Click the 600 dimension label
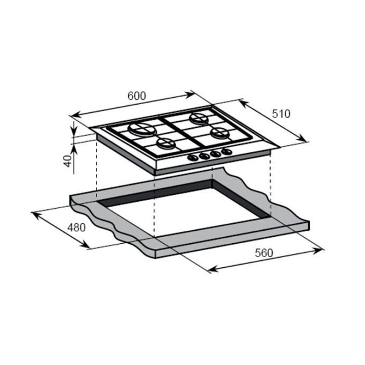point(137,96)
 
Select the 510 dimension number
point(281,114)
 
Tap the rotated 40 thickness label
point(68,160)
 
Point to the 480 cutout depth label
point(77,228)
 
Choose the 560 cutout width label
point(264,253)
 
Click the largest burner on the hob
point(142,129)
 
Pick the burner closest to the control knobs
point(220,134)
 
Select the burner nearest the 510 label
point(199,118)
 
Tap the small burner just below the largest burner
point(166,143)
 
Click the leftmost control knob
point(193,158)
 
